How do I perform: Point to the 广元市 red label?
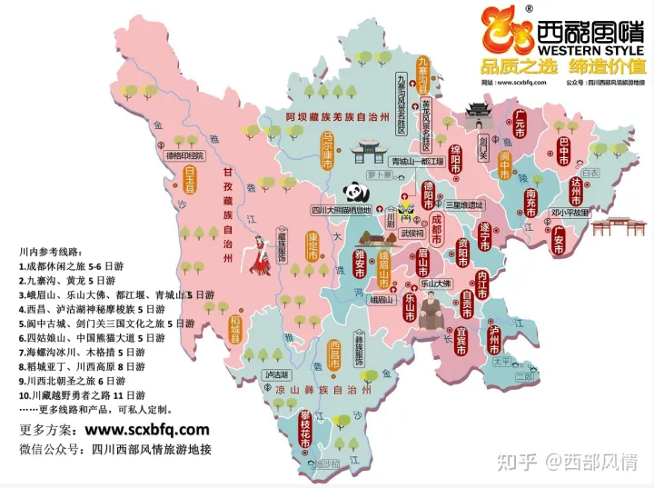point(520,124)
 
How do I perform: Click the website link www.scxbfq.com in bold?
point(147,429)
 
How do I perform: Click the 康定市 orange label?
point(312,246)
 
